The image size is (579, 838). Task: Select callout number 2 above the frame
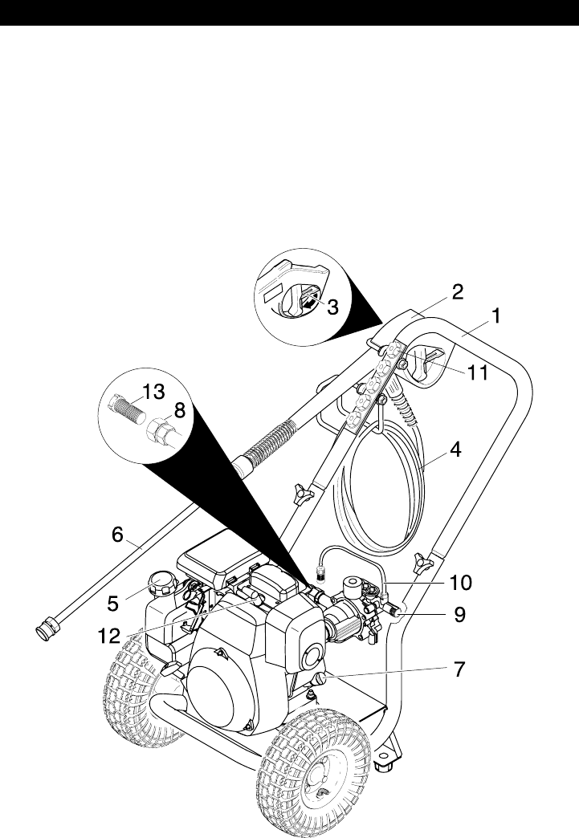(x=456, y=291)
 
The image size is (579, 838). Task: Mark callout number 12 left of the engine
(x=110, y=635)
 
